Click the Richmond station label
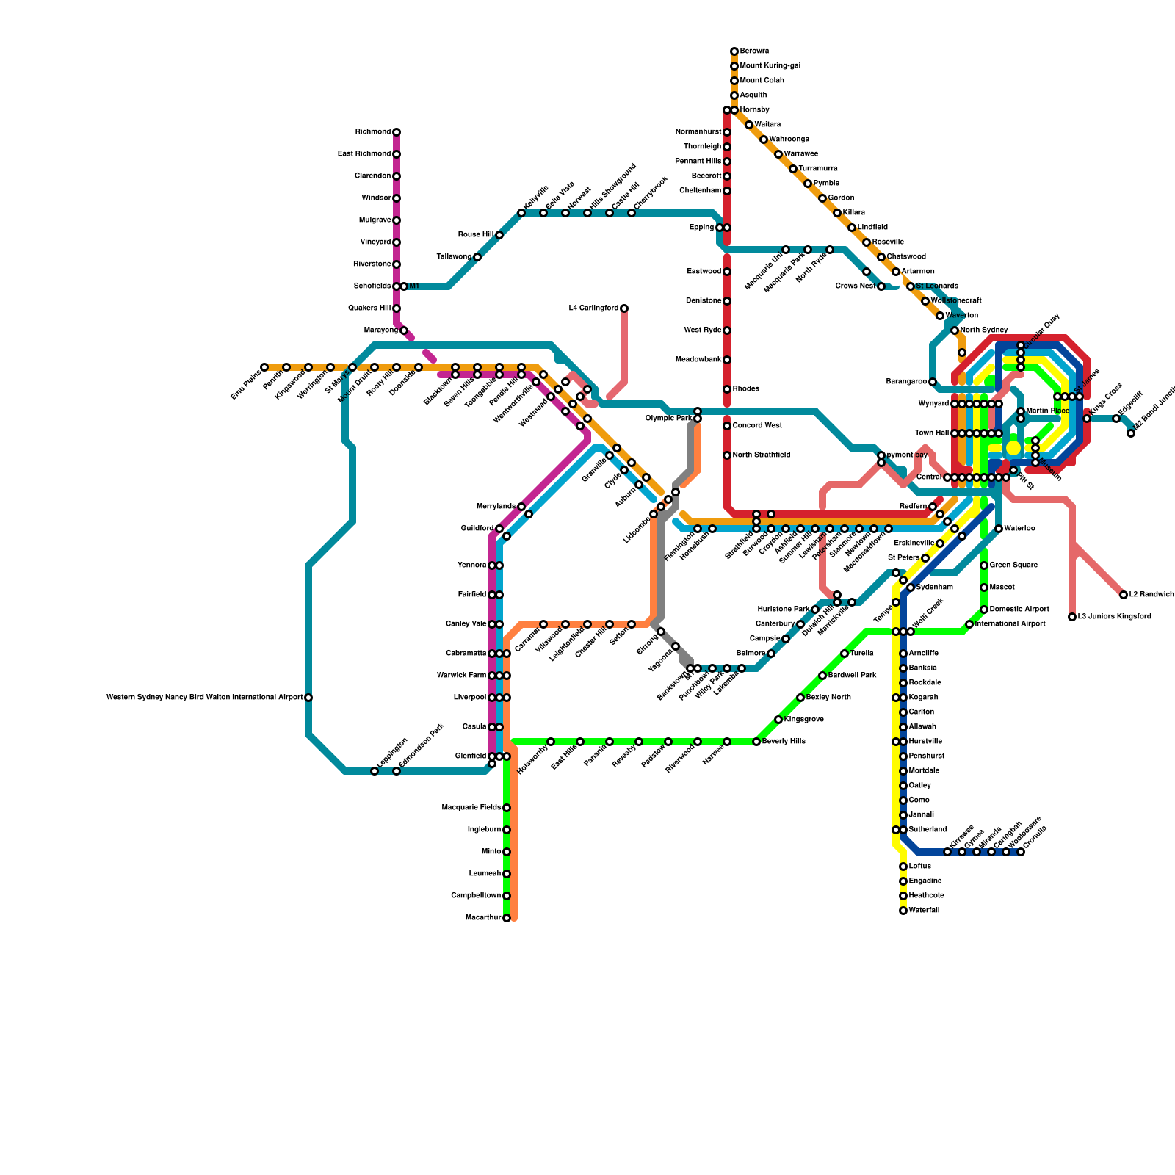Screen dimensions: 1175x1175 pyautogui.click(x=373, y=132)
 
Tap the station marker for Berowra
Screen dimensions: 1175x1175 pyautogui.click(x=734, y=51)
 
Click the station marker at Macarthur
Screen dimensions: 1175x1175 pyautogui.click(x=507, y=918)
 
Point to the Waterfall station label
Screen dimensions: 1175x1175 pyautogui.click(x=924, y=911)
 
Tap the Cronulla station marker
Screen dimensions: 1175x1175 pyautogui.click(x=1021, y=852)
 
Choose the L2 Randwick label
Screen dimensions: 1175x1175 pyautogui.click(x=1151, y=595)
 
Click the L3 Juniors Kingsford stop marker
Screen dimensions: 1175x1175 pyautogui.click(x=1072, y=617)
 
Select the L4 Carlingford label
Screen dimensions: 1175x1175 pyautogui.click(x=593, y=308)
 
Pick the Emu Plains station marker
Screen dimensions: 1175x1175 pyautogui.click(x=264, y=367)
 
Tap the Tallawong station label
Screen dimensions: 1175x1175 pyautogui.click(x=454, y=257)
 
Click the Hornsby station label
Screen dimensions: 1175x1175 pyautogui.click(x=755, y=110)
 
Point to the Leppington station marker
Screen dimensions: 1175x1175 pyautogui.click(x=375, y=771)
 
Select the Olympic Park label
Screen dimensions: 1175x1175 pyautogui.click(x=668, y=419)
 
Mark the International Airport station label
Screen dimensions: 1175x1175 pyautogui.click(x=1010, y=624)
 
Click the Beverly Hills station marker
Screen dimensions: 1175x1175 pyautogui.click(x=756, y=742)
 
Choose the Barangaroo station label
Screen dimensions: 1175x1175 pyautogui.click(x=906, y=382)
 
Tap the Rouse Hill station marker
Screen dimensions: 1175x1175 pyautogui.click(x=499, y=235)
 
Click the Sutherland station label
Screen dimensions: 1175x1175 pyautogui.click(x=928, y=830)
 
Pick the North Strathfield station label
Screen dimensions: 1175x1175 pyautogui.click(x=761, y=455)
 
